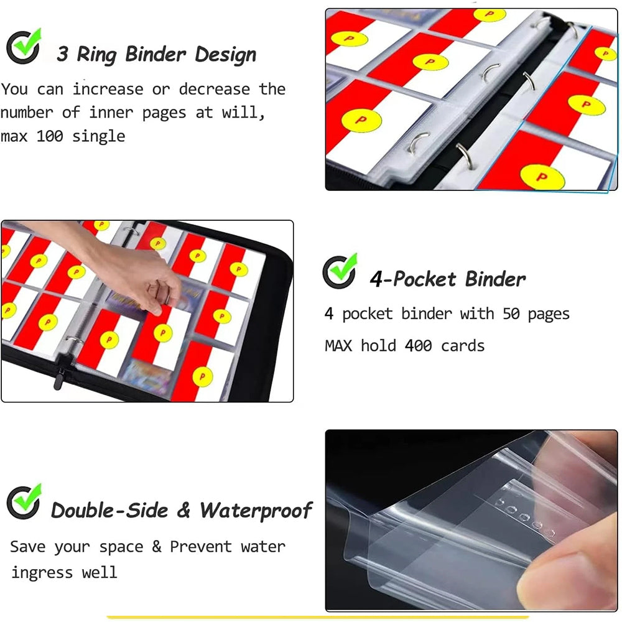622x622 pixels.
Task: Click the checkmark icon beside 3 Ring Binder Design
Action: [24, 47]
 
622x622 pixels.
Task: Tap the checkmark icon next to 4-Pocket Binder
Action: [340, 271]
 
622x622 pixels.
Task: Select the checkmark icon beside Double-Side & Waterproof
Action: [24, 502]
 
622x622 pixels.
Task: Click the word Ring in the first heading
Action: [96, 55]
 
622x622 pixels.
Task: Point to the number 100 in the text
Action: [50, 136]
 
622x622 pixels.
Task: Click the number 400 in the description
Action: [418, 346]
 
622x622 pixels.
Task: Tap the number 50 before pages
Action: [511, 313]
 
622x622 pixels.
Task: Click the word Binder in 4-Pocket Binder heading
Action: [495, 279]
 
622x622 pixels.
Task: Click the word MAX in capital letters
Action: [338, 346]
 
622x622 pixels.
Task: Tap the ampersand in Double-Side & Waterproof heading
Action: [183, 510]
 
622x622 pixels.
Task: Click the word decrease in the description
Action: [214, 89]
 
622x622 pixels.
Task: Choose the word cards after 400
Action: [463, 346]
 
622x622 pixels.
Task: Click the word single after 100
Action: [98, 137]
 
